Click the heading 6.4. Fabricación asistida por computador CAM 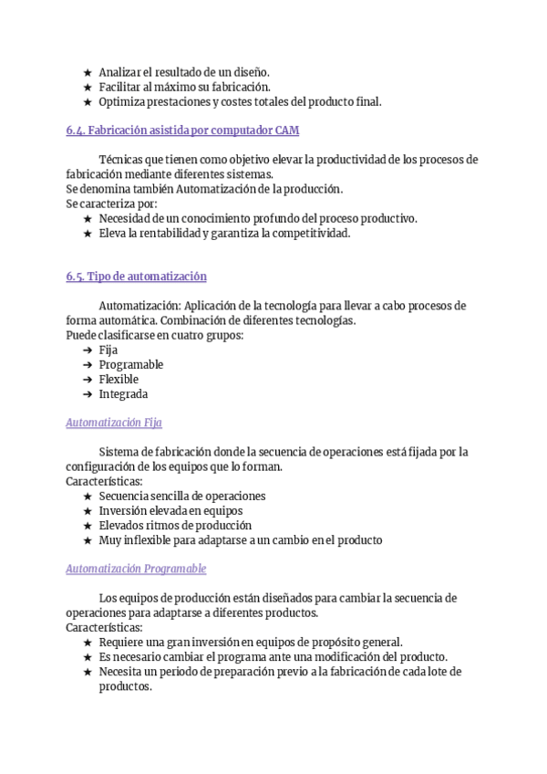(x=182, y=131)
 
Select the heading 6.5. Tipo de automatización (x=136, y=277)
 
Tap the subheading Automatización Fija (x=115, y=423)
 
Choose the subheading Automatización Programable (x=136, y=569)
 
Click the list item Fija (x=108, y=350)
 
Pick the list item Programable (x=131, y=365)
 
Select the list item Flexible (x=119, y=380)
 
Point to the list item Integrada (x=123, y=394)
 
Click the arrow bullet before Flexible (x=87, y=380)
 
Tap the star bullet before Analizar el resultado (x=87, y=72)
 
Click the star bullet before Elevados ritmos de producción (x=87, y=526)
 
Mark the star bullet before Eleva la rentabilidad (x=87, y=233)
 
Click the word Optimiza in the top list (x=121, y=101)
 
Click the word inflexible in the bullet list (x=144, y=540)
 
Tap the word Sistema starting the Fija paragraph (x=119, y=452)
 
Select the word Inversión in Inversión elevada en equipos (x=122, y=511)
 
